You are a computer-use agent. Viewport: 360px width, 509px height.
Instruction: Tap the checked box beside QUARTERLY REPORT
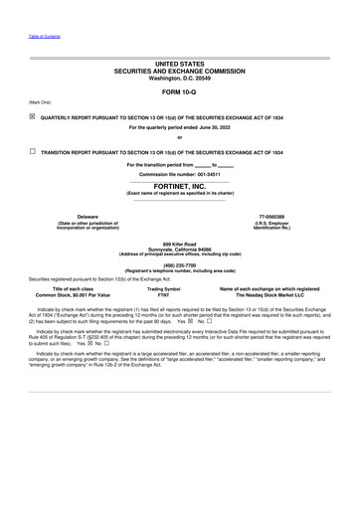click(33, 115)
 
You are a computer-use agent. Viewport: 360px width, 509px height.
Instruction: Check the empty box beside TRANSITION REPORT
click(33, 151)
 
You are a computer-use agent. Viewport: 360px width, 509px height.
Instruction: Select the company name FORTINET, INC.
click(180, 186)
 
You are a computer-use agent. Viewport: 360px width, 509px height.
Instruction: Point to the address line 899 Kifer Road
click(180, 243)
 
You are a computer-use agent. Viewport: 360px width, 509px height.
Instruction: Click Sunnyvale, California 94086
click(180, 249)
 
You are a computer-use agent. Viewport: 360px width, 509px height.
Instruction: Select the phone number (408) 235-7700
click(180, 264)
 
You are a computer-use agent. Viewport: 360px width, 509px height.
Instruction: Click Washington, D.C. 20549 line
click(180, 78)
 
